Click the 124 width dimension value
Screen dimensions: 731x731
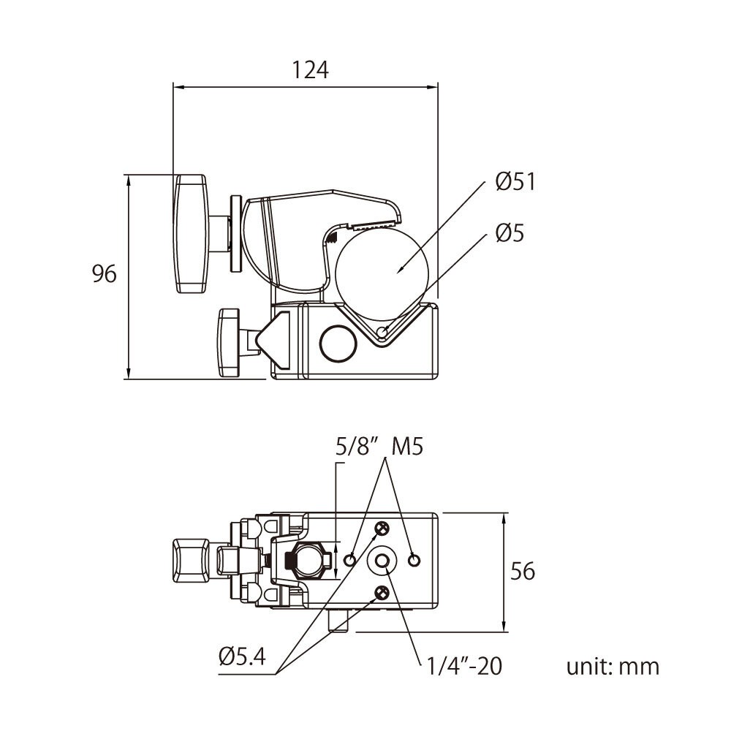pyautogui.click(x=311, y=70)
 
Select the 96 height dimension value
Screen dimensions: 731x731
pyautogui.click(x=105, y=274)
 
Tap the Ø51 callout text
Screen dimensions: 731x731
pyautogui.click(x=515, y=181)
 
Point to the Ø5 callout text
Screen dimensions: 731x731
pyautogui.click(x=510, y=233)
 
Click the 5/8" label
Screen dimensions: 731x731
pyautogui.click(x=355, y=446)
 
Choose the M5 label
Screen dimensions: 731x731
pyautogui.click(x=407, y=446)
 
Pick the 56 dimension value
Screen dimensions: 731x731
pyautogui.click(x=523, y=571)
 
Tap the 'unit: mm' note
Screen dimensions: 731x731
pyautogui.click(x=613, y=667)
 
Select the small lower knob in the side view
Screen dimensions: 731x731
pyautogui.click(x=229, y=342)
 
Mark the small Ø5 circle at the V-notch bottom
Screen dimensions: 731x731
pyautogui.click(x=382, y=333)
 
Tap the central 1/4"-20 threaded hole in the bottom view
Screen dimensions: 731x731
pyautogui.click(x=382, y=560)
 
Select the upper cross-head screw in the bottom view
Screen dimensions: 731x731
pyautogui.click(x=382, y=529)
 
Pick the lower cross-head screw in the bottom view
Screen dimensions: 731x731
pyautogui.click(x=382, y=592)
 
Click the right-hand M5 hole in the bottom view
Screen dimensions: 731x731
pyautogui.click(x=414, y=560)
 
